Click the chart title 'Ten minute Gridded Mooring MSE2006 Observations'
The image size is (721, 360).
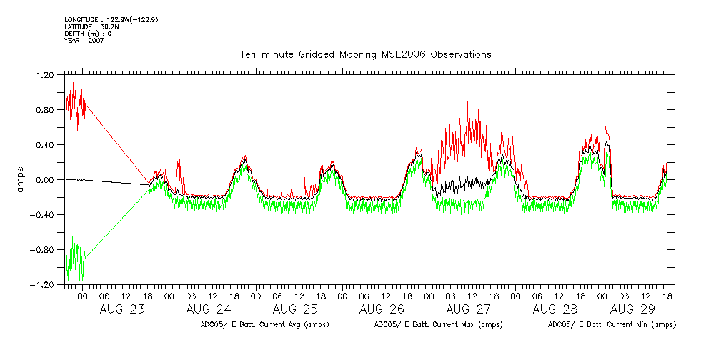365,54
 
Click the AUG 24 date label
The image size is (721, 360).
209,309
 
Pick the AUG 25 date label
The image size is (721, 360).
295,309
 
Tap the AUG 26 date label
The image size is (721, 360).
382,309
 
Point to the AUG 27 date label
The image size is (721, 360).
468,309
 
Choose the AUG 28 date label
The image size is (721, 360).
555,309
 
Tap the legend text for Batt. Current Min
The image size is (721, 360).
611,324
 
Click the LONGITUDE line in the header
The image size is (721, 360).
111,19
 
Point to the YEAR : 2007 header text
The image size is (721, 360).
84,41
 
